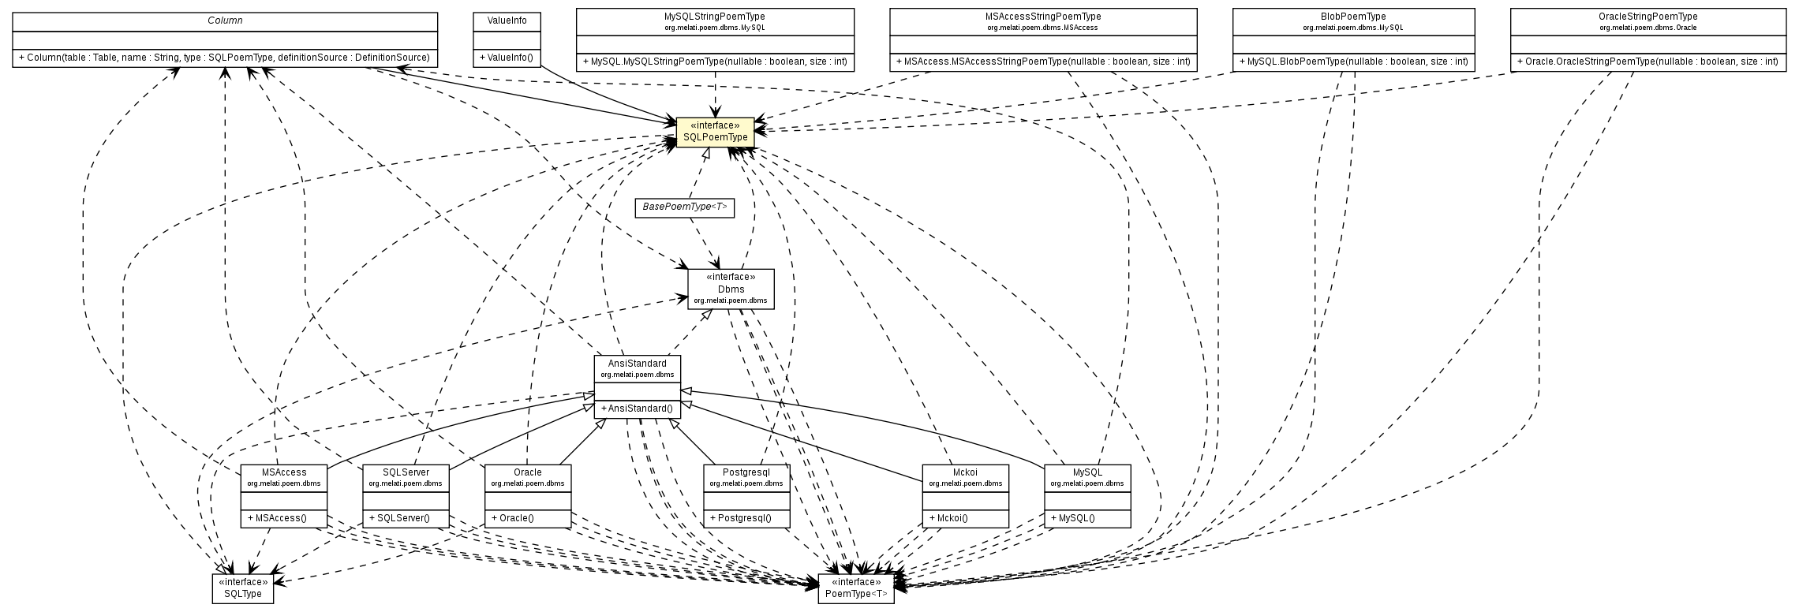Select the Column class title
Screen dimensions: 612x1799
(225, 20)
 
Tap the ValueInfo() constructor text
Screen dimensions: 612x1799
(507, 58)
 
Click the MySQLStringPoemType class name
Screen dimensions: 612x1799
(715, 17)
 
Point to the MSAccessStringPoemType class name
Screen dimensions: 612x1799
(1042, 17)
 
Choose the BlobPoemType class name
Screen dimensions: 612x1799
(1352, 17)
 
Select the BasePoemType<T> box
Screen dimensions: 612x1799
(684, 207)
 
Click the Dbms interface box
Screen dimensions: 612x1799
(731, 289)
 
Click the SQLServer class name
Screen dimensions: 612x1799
(405, 472)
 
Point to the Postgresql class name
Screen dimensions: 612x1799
(746, 472)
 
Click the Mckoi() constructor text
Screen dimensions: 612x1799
(952, 519)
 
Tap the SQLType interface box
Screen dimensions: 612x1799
(242, 588)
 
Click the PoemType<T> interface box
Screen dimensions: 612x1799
(856, 588)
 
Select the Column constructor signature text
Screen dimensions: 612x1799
(224, 58)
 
